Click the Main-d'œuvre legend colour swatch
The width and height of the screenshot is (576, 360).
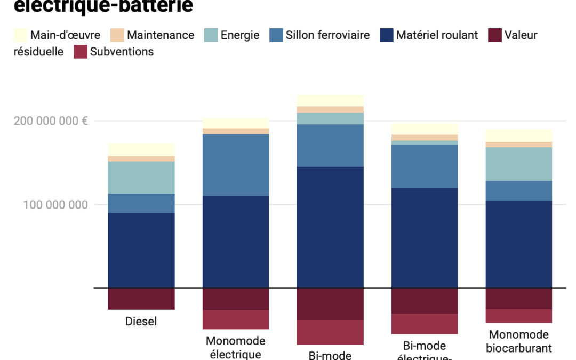pyautogui.click(x=20, y=36)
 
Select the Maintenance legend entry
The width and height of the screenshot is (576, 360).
pyautogui.click(x=160, y=36)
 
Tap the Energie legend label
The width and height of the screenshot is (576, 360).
pyautogui.click(x=240, y=36)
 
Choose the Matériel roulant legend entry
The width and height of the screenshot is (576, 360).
pyautogui.click(x=437, y=36)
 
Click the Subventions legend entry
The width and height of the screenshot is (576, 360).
pyautogui.click(x=122, y=52)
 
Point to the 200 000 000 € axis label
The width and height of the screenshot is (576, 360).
pyautogui.click(x=51, y=121)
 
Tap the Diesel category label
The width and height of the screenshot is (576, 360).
pyautogui.click(x=141, y=322)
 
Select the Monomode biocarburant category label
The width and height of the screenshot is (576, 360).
pyautogui.click(x=519, y=341)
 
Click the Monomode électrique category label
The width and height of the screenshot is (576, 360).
pyautogui.click(x=236, y=347)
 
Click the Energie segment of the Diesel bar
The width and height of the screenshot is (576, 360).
pyautogui.click(x=141, y=177)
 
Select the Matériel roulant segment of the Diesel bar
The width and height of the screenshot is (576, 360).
pyautogui.click(x=141, y=251)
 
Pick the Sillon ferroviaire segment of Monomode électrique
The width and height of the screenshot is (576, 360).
pyautogui.click(x=236, y=165)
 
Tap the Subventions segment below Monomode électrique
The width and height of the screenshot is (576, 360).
pyautogui.click(x=236, y=319)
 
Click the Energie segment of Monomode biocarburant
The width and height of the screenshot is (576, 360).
pyautogui.click(x=519, y=164)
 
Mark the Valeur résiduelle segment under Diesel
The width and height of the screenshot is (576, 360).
pyautogui.click(x=141, y=299)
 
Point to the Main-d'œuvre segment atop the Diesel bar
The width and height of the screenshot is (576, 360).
pyautogui.click(x=141, y=149)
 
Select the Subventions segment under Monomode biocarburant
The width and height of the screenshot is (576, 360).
pyautogui.click(x=519, y=316)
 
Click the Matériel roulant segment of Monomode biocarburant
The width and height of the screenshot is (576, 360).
pyautogui.click(x=519, y=244)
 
